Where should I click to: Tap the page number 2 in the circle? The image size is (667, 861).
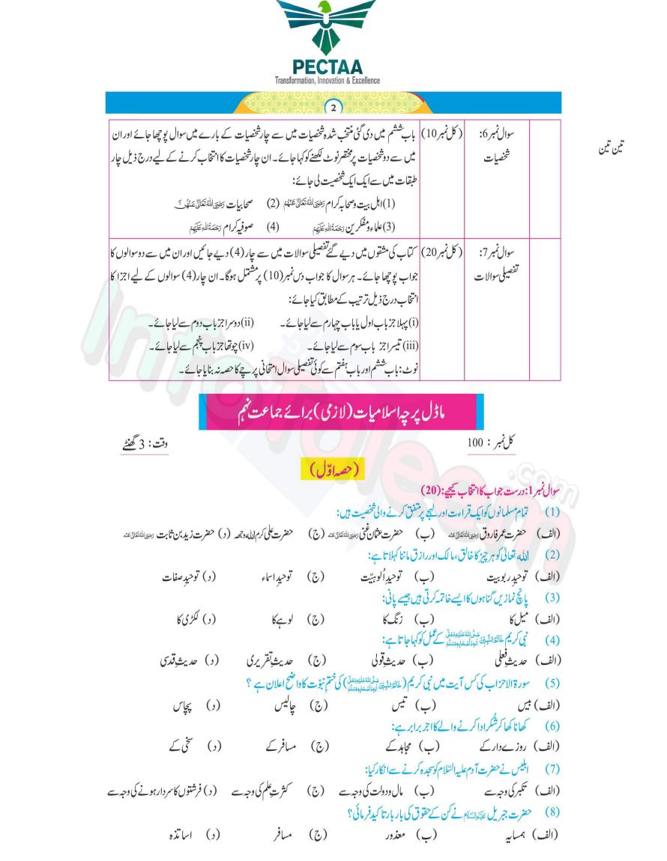tap(333, 104)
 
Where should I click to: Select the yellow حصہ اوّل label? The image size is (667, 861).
tap(333, 469)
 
